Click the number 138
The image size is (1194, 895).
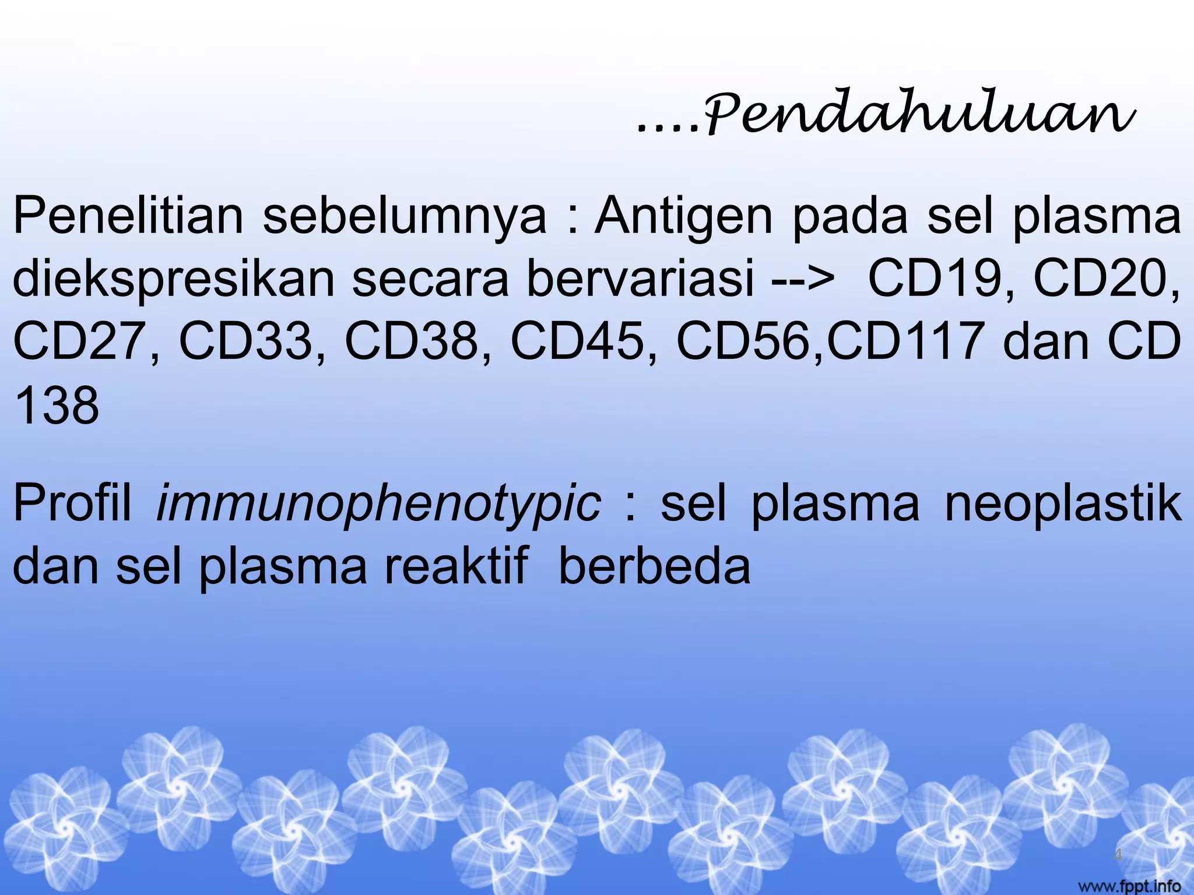click(x=57, y=406)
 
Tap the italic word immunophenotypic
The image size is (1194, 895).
click(x=378, y=503)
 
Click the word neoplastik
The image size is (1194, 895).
click(x=1063, y=503)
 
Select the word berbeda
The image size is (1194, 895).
click(x=654, y=566)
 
